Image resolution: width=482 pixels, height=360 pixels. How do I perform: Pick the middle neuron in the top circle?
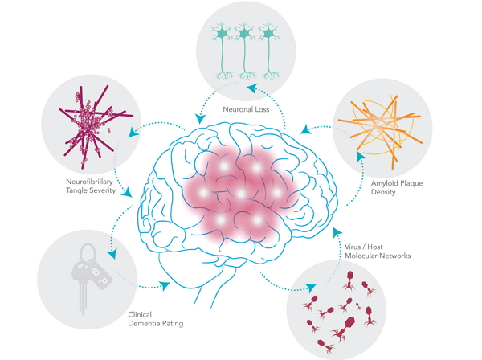pyautogui.click(x=243, y=36)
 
